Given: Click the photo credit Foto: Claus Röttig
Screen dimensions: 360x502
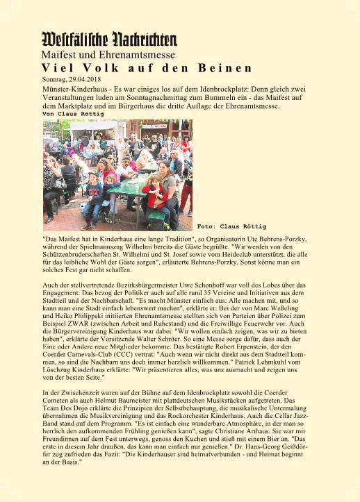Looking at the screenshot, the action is [x=231, y=226].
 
